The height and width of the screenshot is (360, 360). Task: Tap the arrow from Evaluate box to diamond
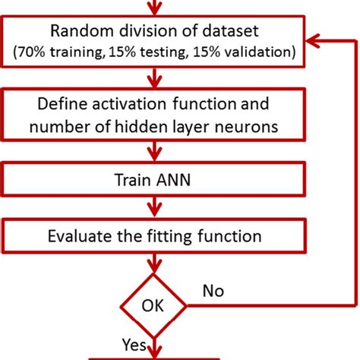click(x=155, y=262)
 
